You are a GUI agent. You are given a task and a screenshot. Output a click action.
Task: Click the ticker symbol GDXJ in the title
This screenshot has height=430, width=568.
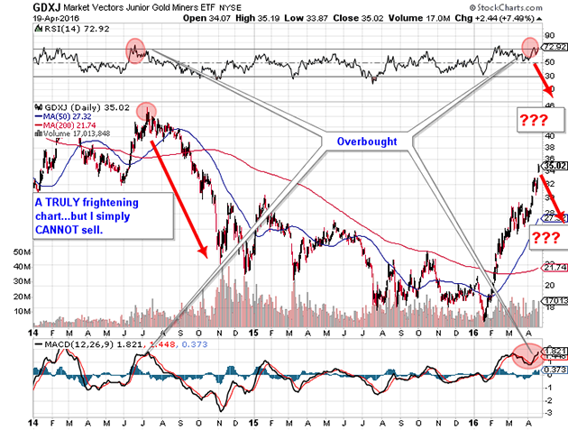pos(20,7)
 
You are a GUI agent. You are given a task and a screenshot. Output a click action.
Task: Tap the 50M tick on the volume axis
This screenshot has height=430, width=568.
pos(20,253)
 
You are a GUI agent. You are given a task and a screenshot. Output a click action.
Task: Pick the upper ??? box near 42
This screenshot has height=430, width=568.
pos(531,120)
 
